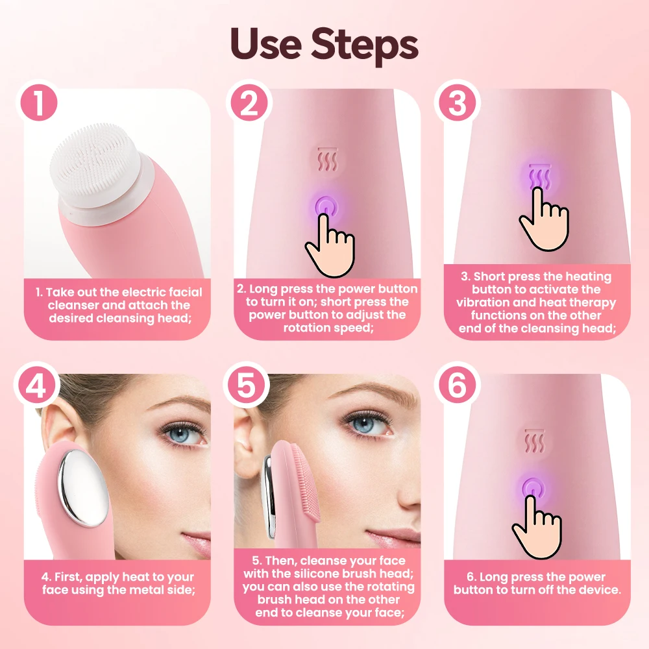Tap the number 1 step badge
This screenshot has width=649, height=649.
click(38, 103)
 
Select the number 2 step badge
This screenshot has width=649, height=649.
click(249, 103)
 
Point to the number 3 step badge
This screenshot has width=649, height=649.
click(457, 103)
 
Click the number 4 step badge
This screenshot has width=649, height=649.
click(36, 386)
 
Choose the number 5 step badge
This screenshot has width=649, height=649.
click(247, 386)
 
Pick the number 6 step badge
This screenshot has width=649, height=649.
click(457, 386)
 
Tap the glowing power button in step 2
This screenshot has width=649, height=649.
click(326, 207)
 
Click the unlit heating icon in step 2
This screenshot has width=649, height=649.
click(328, 159)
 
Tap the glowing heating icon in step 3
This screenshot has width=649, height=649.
click(539, 176)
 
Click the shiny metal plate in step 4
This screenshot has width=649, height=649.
click(83, 489)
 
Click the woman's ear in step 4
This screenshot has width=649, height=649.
click(59, 427)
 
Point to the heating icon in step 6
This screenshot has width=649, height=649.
click(535, 441)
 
